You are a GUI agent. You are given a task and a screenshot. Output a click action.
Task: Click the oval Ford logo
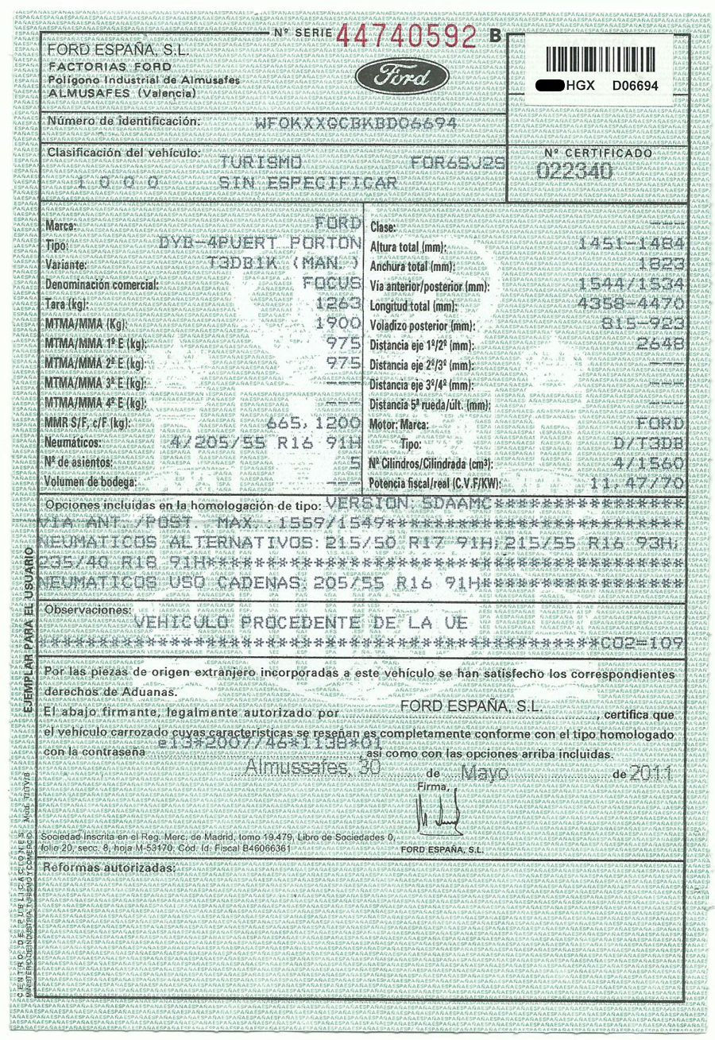tap(402, 78)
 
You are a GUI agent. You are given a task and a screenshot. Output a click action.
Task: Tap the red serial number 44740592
tap(408, 36)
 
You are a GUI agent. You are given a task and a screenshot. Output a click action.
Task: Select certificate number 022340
tap(574, 170)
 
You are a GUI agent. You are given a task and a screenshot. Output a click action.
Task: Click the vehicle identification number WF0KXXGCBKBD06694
tap(355, 123)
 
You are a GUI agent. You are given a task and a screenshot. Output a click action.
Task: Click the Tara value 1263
tap(339, 304)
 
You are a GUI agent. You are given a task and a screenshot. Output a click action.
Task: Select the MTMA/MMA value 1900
tap(339, 324)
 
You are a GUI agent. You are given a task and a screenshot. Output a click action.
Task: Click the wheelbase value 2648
tap(660, 343)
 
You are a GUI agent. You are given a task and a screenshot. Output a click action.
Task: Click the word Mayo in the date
tap(485, 772)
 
